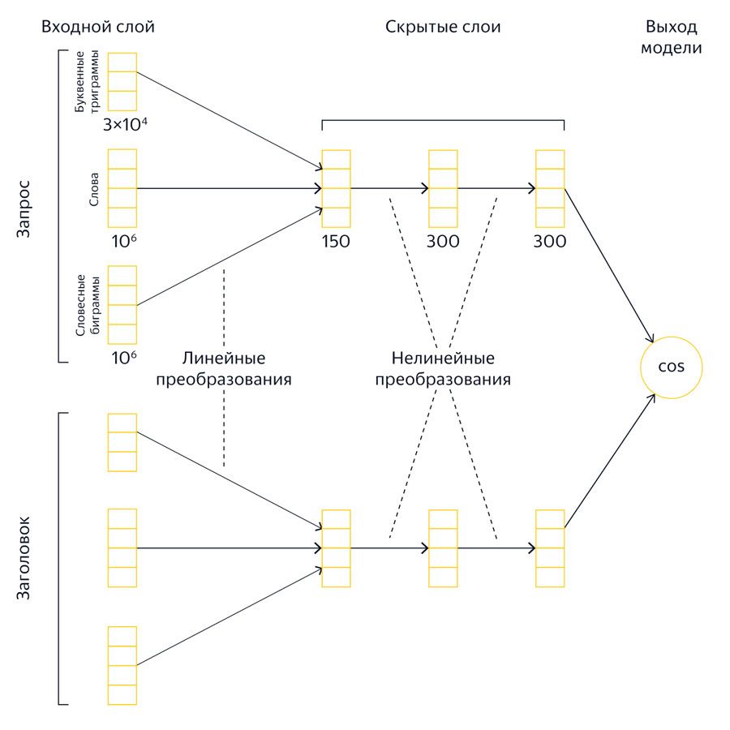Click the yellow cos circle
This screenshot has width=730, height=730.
click(672, 367)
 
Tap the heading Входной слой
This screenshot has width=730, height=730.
click(97, 28)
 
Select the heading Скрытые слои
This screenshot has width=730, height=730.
click(443, 28)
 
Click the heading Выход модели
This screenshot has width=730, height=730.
click(672, 37)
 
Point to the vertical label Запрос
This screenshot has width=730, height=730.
click(24, 217)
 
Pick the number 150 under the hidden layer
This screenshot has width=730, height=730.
click(336, 242)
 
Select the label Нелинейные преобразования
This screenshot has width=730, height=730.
click(443, 368)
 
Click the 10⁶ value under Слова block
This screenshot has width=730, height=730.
click(123, 242)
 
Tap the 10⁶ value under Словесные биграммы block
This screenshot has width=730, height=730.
click(123, 358)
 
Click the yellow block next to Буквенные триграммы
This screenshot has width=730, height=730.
click(122, 81)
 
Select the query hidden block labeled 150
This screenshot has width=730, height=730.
click(336, 188)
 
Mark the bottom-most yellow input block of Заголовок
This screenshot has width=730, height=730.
click(122, 665)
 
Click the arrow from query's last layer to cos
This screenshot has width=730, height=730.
click(608, 264)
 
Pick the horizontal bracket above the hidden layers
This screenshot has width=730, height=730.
click(443, 121)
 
